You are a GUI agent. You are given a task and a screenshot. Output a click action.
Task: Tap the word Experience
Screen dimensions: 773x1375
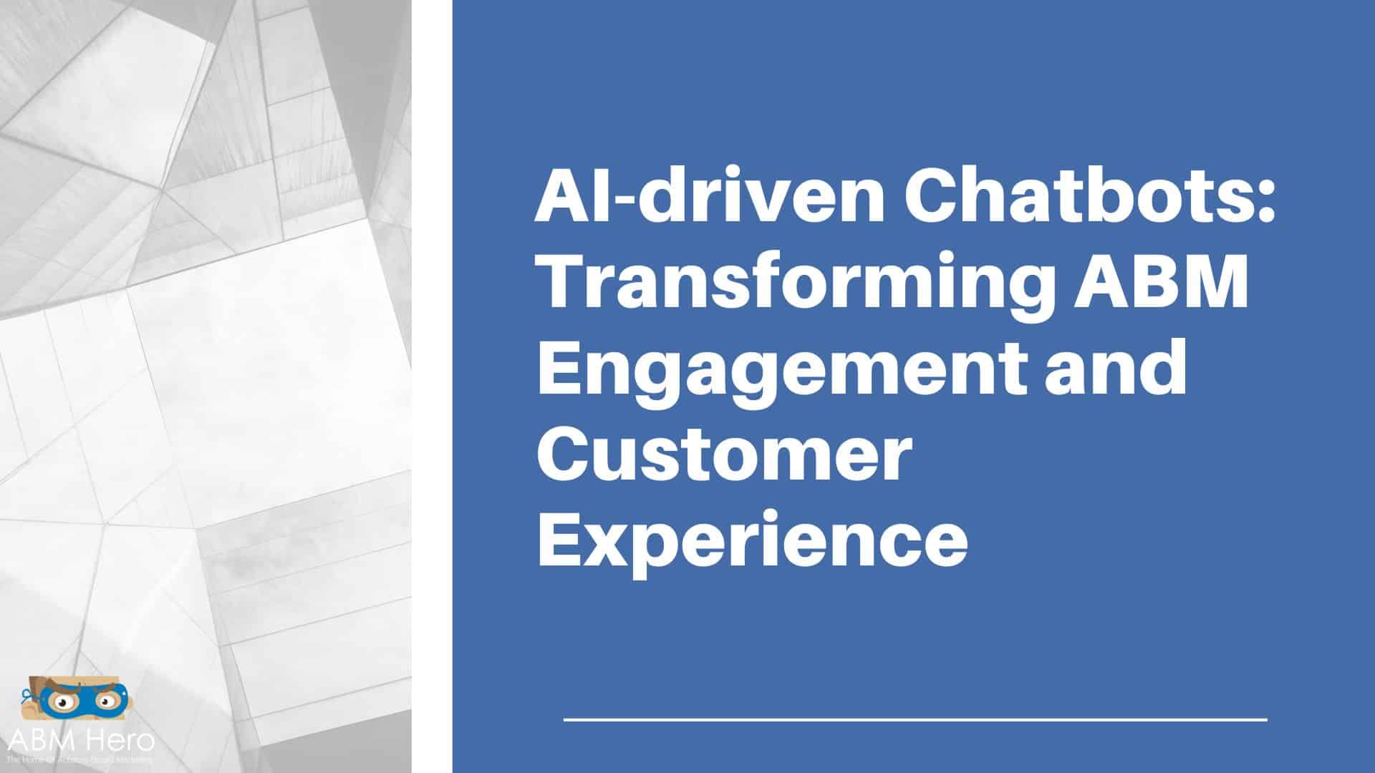point(752,542)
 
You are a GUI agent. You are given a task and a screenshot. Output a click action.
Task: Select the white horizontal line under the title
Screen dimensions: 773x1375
point(915,719)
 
